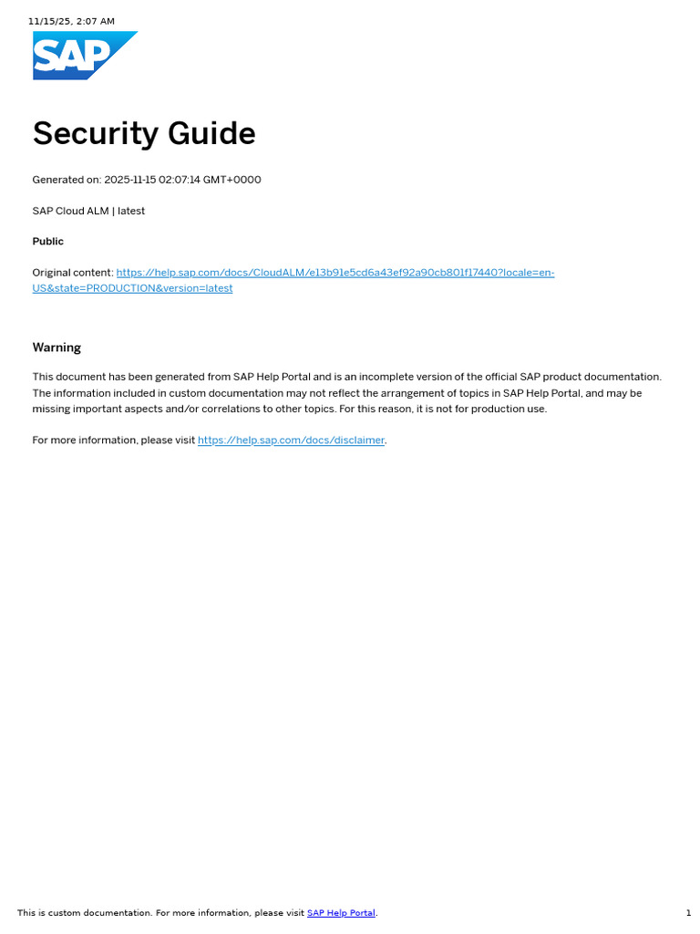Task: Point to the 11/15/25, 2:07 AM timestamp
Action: coord(71,21)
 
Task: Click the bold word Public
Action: coord(48,242)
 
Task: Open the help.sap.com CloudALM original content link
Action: coord(335,273)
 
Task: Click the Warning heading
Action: coord(57,348)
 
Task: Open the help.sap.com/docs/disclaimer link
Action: coord(291,441)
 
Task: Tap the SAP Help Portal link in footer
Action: coord(341,913)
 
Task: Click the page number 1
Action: coord(688,913)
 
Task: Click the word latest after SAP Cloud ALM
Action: coord(131,211)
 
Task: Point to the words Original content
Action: coord(72,273)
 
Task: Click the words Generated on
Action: coord(66,180)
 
